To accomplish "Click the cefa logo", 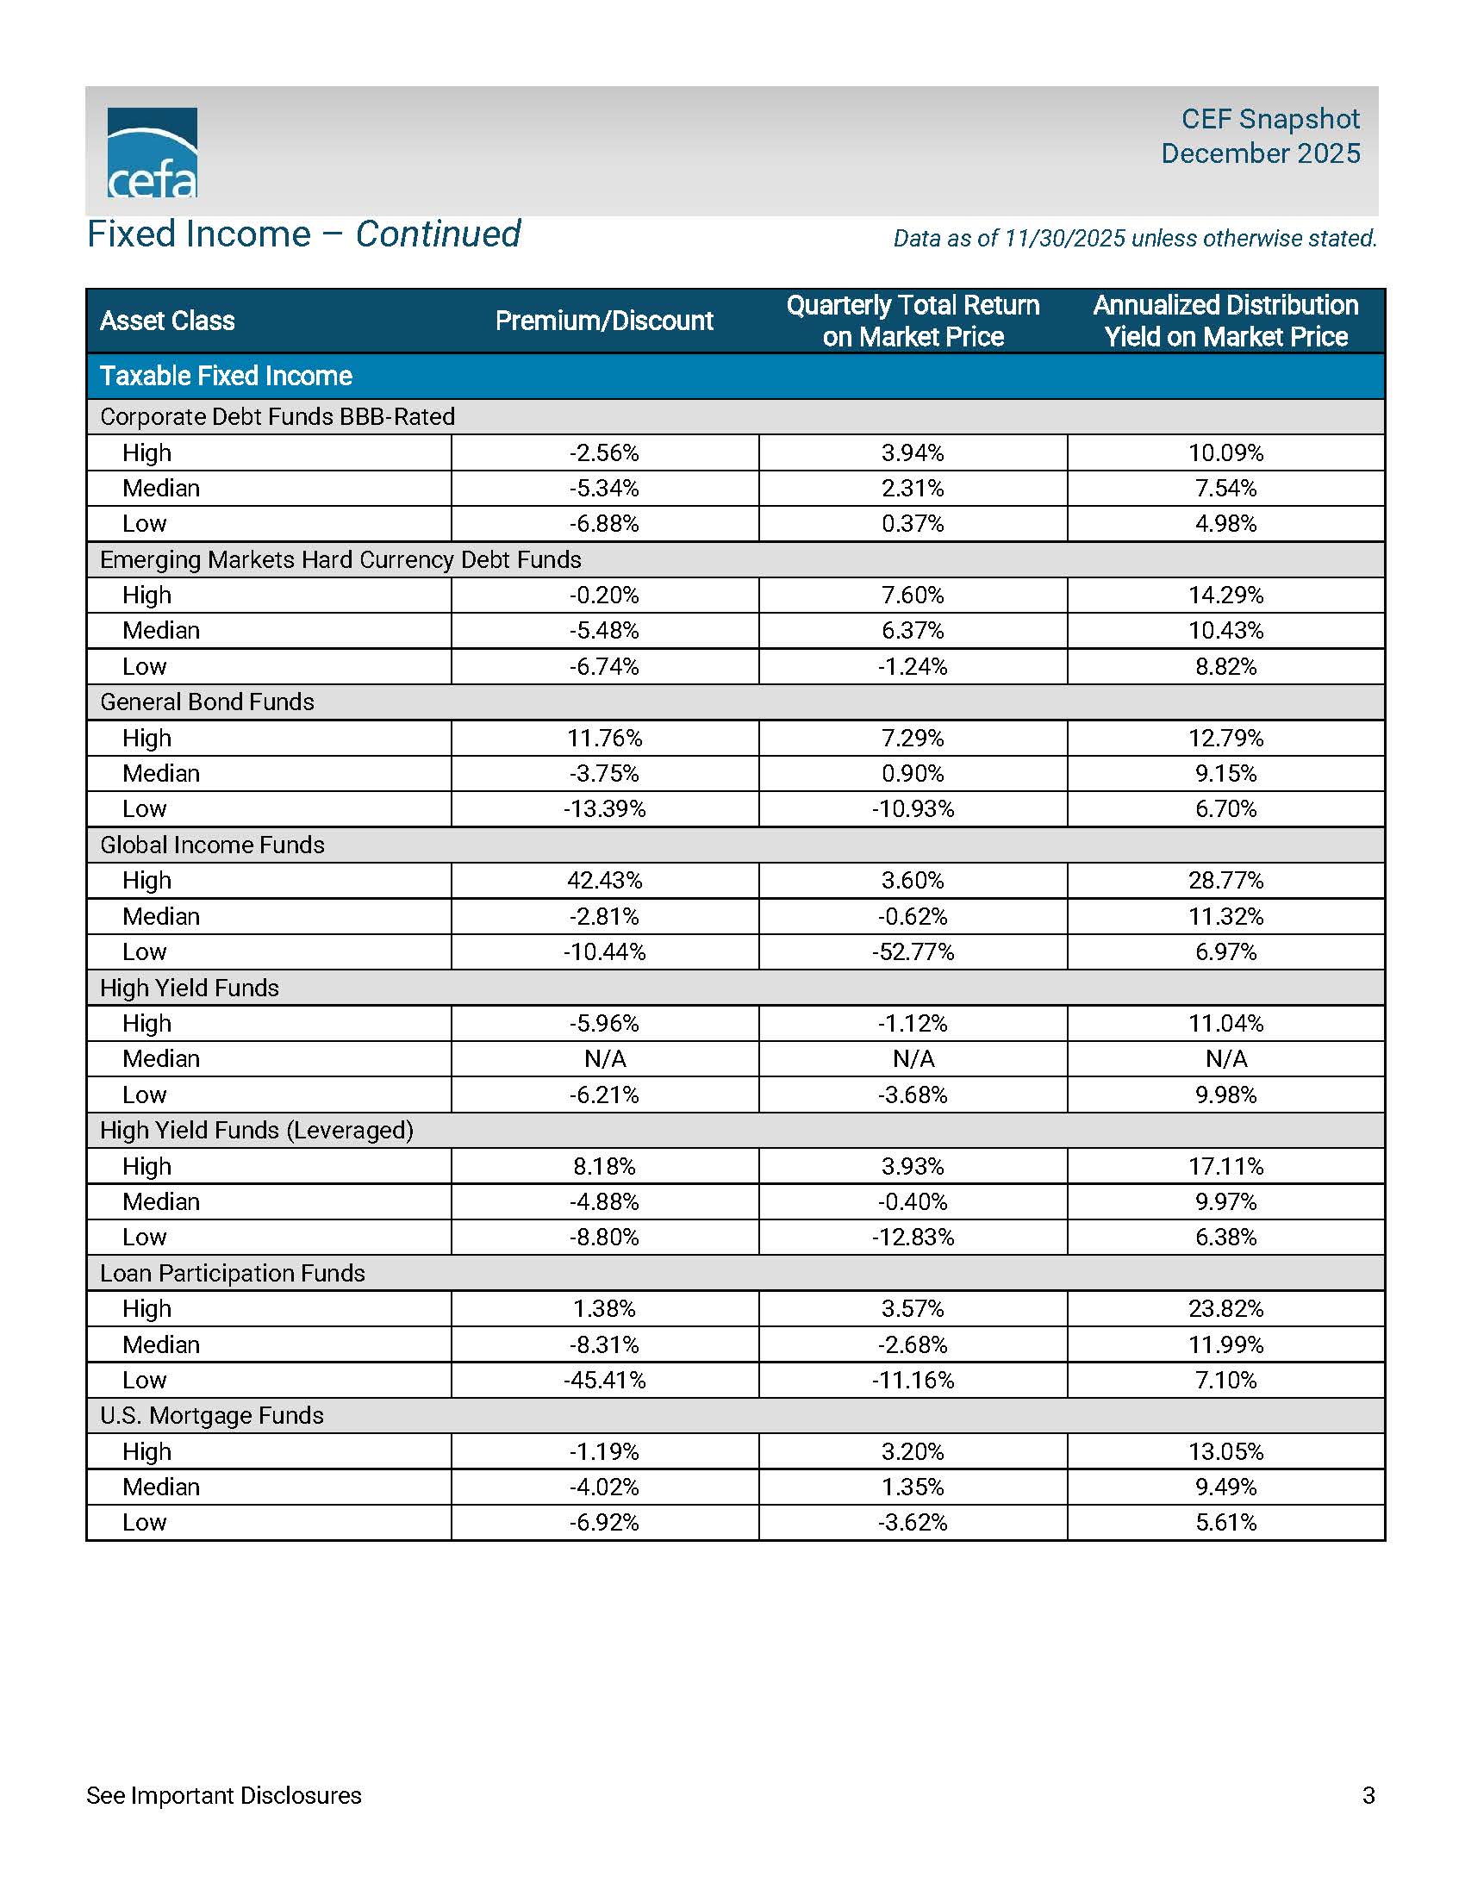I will click(152, 153).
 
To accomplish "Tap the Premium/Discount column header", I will click(604, 321).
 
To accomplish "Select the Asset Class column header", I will click(167, 321).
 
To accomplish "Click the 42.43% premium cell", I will click(605, 880).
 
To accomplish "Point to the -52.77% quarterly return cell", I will click(913, 951).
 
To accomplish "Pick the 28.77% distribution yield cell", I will click(1225, 880).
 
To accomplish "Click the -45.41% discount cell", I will click(605, 1380).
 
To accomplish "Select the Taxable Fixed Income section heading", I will click(226, 376).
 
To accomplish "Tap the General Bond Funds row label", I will click(208, 702).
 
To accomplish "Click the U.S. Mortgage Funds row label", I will click(212, 1415).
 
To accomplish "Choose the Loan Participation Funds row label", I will click(233, 1273).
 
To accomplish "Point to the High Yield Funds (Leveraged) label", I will click(257, 1130).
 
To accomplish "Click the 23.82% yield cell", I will click(1225, 1308).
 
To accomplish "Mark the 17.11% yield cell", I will click(1225, 1166).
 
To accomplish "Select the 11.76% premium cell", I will click(605, 738).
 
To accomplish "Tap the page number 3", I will click(1368, 1795).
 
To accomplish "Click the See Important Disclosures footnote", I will click(224, 1795).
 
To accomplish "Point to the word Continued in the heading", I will click(439, 234).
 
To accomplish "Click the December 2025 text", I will click(1260, 153).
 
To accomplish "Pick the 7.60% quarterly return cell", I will click(913, 595).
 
